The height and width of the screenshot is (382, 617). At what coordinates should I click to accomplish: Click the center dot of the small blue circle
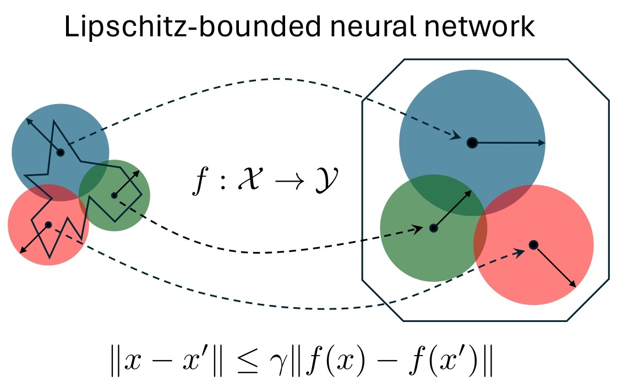coord(61,152)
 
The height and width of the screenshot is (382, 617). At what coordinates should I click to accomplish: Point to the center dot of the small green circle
coord(114,195)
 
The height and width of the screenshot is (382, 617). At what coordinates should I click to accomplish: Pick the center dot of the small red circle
coord(48,225)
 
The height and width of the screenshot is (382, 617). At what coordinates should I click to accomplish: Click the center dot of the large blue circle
coord(472,143)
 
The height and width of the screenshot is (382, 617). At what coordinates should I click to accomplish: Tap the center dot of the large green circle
coord(433,228)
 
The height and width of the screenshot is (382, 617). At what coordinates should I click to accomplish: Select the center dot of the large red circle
coord(533,244)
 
